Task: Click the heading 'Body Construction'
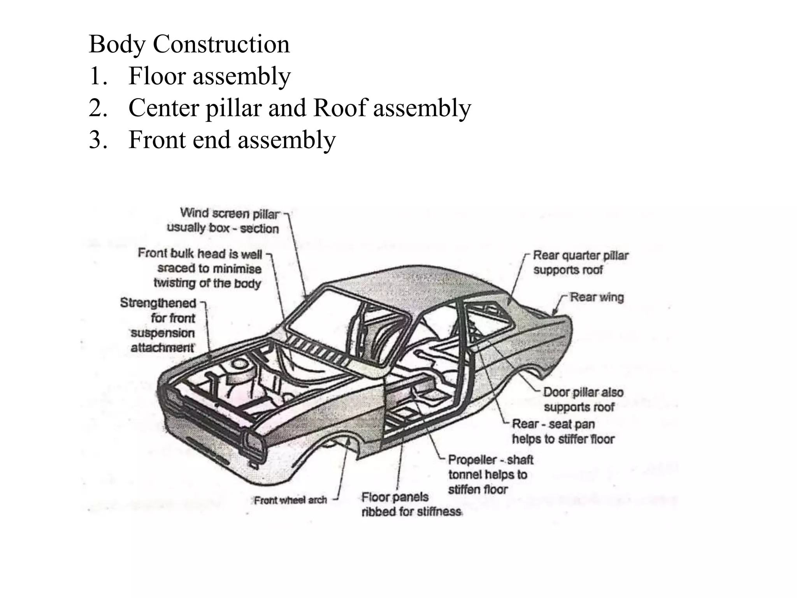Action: coord(189,44)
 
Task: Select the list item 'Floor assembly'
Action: coord(209,76)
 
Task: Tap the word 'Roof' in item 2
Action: coord(340,108)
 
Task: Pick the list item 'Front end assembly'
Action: coord(232,140)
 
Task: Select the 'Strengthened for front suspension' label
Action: coord(163,325)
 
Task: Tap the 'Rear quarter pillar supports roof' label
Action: coord(580,262)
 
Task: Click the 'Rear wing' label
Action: coord(597,297)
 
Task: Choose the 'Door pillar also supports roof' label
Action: coord(583,399)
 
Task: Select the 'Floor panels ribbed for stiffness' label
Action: coord(411,504)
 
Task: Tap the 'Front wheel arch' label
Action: coord(290,500)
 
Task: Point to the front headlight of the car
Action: coord(254,444)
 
